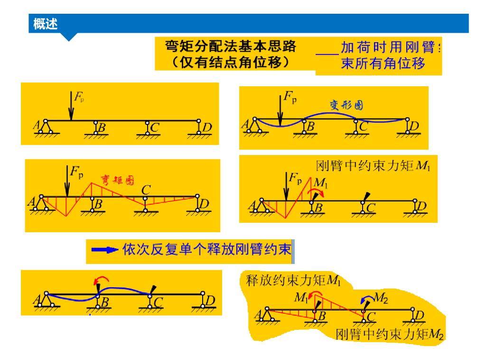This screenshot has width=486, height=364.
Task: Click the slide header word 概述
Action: [x=46, y=23]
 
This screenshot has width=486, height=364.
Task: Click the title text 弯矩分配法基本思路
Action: [x=231, y=46]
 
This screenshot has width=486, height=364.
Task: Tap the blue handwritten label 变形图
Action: [x=346, y=105]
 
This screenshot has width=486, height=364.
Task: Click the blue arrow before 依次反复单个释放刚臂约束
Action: [x=105, y=250]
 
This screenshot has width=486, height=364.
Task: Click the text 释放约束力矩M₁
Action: [x=293, y=281]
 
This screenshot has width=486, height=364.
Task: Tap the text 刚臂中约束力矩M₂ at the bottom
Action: [x=389, y=335]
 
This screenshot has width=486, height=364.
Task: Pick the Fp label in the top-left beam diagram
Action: [x=78, y=98]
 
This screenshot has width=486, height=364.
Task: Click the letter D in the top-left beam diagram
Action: [x=207, y=127]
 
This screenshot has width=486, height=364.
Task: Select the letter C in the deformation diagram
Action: [x=364, y=127]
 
